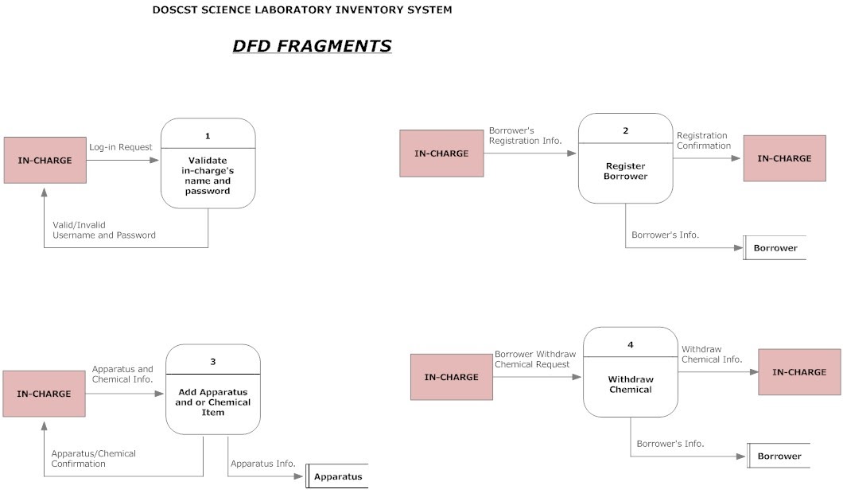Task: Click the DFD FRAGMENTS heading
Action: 312,46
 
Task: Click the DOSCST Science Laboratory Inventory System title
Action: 302,10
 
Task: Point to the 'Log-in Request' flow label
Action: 121,147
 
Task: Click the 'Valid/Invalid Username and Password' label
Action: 104,230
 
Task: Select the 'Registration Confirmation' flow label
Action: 704,141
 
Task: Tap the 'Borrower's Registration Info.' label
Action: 526,135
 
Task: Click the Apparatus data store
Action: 337,476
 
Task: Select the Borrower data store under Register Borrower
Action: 775,248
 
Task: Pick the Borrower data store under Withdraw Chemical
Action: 779,456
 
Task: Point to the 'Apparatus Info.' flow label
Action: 263,464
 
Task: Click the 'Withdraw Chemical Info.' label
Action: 712,355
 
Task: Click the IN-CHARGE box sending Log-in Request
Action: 45,161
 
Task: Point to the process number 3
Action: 213,362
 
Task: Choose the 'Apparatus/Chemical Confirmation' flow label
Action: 94,458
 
